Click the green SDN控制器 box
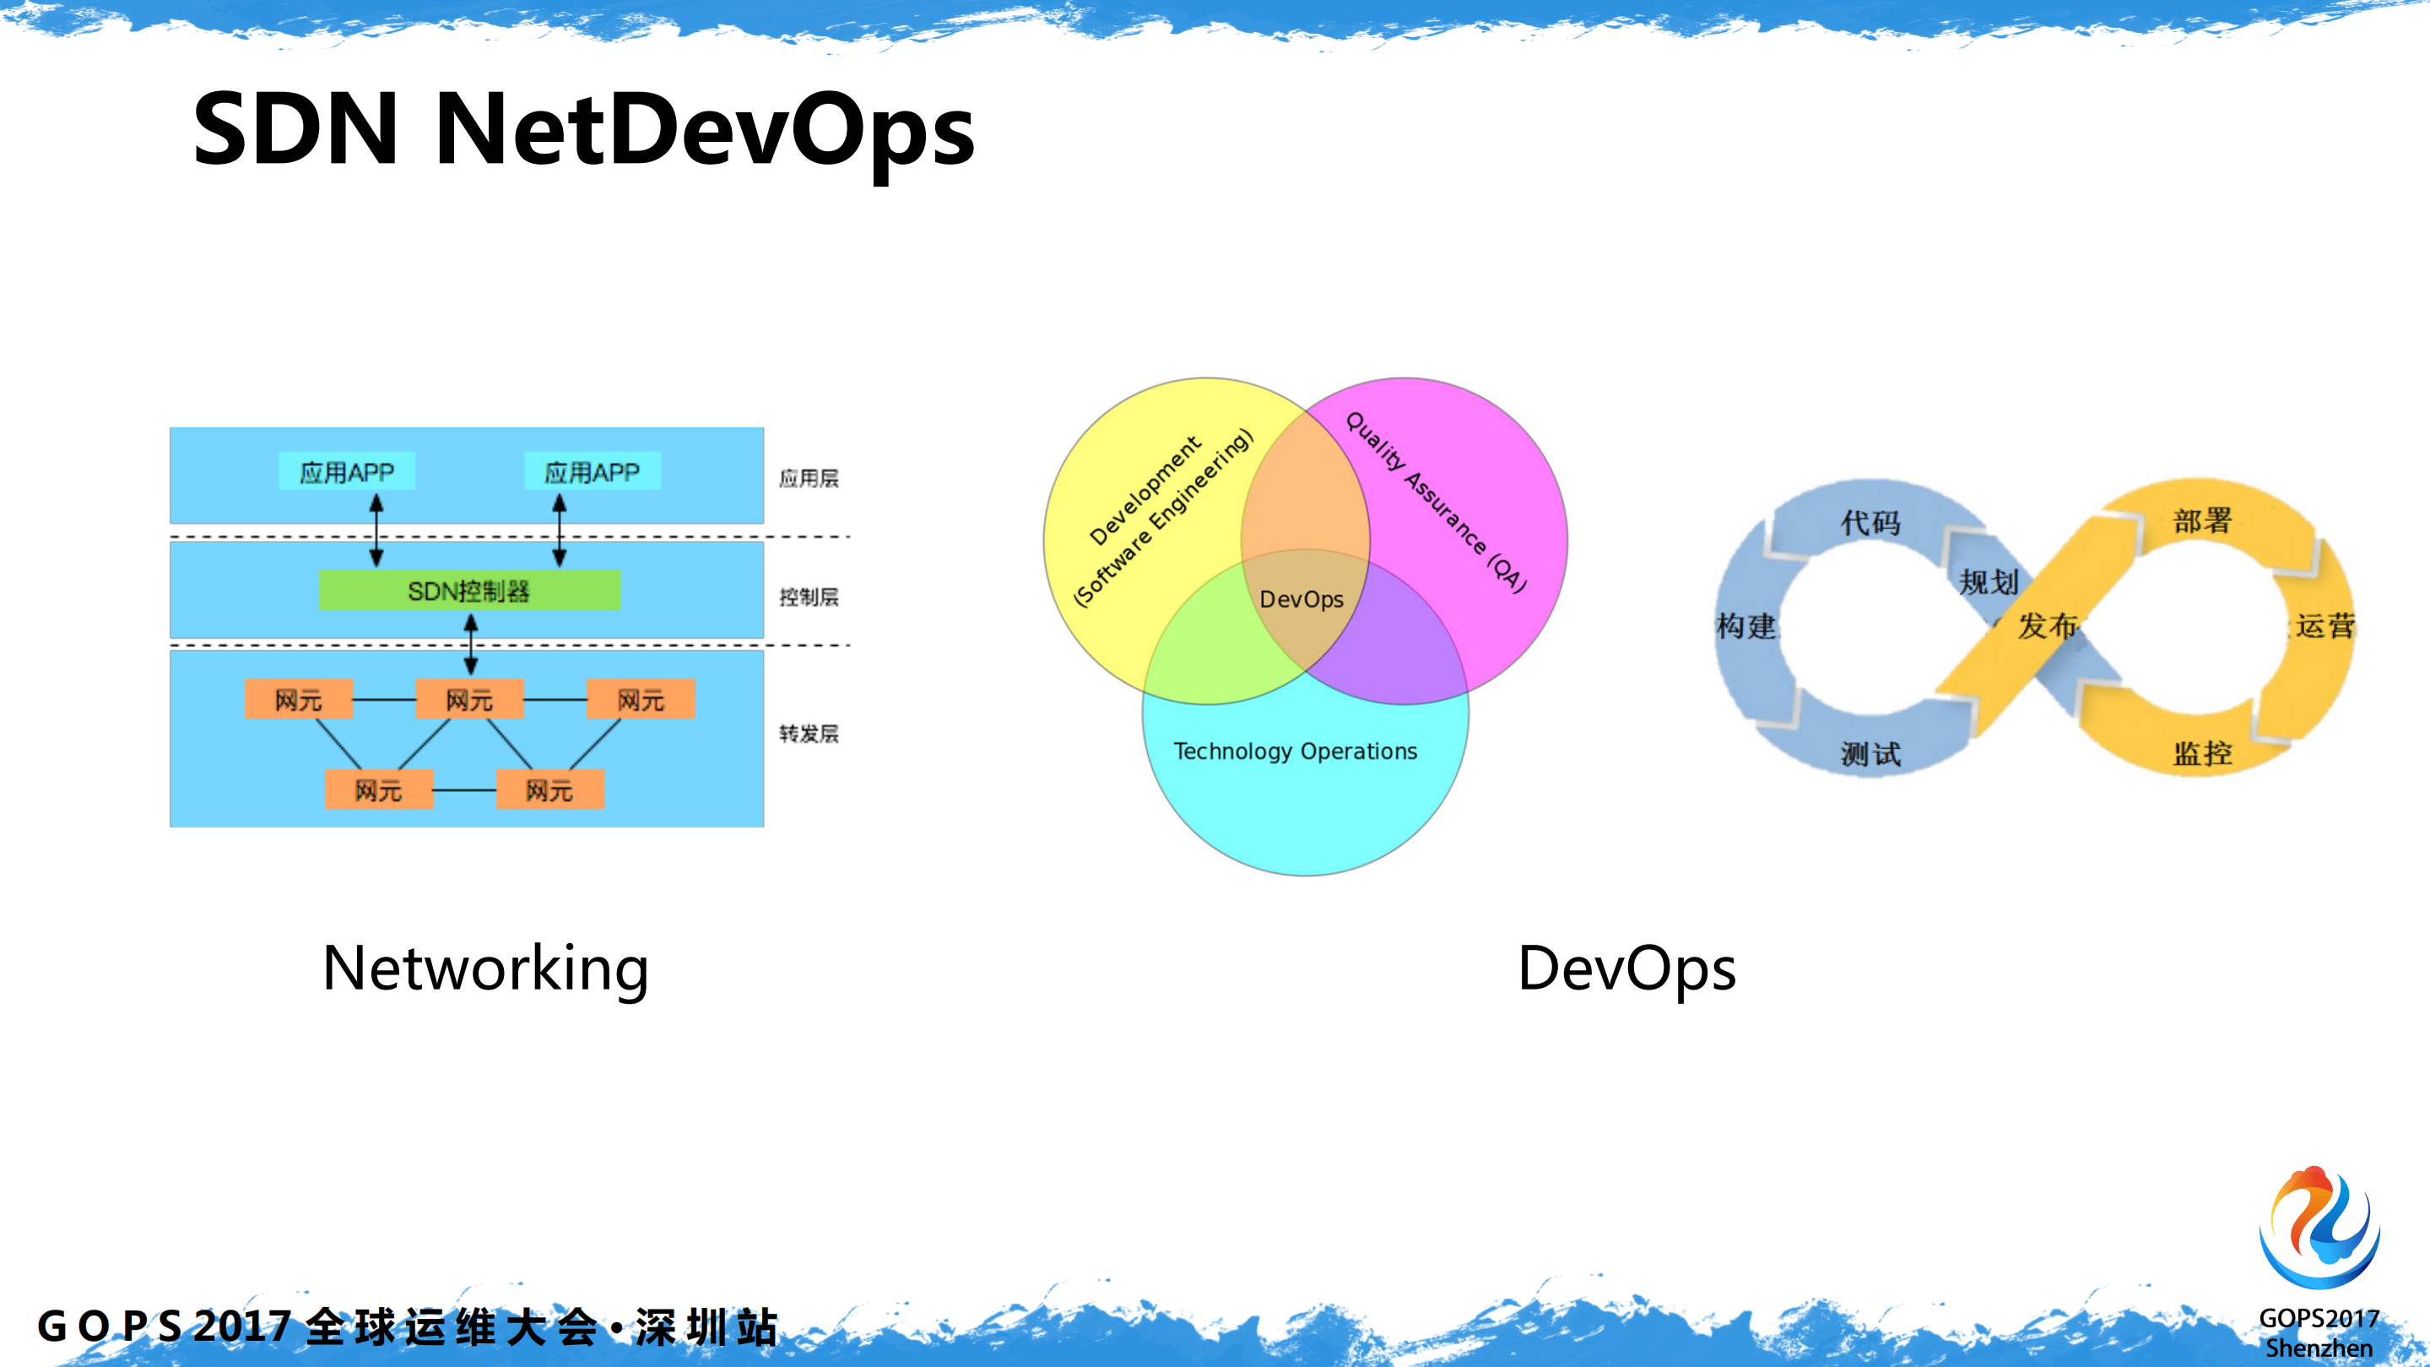pos(468,590)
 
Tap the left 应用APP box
pos(347,472)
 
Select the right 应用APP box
pos(593,472)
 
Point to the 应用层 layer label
pos(809,478)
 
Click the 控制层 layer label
pos(809,597)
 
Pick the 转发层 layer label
pos(809,734)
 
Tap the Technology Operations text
pos(1295,751)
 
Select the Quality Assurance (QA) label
pos(1436,502)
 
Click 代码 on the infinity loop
pos(1870,522)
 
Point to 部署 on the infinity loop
pos(2203,520)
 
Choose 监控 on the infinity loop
pos(2203,753)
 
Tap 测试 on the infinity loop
pos(1870,754)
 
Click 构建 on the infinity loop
pos(1746,626)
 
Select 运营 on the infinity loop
pos(2326,626)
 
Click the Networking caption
pos(486,968)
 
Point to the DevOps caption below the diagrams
pos(1626,968)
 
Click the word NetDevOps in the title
pos(705,129)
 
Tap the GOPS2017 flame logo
pos(2319,1229)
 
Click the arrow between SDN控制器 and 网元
pos(471,644)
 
